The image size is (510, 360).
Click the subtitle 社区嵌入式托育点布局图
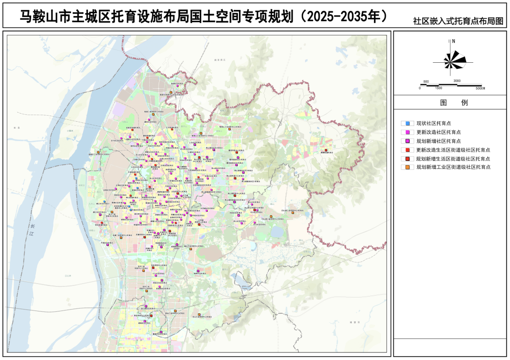[458, 21]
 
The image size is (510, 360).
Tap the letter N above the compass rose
[453, 42]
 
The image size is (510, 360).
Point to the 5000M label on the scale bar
[480, 88]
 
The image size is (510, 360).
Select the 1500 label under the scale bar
[438, 88]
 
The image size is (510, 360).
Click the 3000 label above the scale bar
[457, 81]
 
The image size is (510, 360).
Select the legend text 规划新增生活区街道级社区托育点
[452, 159]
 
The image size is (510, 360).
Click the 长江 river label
[32, 230]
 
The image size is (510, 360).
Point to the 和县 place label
[17, 128]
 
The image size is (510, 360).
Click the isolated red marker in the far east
[326, 150]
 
